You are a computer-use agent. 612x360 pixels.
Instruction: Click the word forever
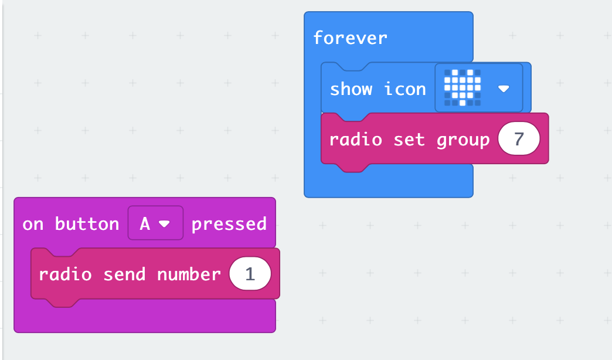point(350,38)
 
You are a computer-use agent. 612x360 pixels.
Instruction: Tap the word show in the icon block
point(351,89)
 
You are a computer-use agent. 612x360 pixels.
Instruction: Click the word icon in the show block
point(405,89)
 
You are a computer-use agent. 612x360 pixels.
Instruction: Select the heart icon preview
point(463,87)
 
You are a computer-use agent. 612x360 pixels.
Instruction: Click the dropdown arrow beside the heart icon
point(504,89)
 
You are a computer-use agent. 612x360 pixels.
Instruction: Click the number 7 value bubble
point(519,138)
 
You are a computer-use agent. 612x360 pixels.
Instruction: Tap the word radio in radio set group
point(356,140)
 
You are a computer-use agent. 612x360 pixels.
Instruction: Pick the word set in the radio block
point(409,140)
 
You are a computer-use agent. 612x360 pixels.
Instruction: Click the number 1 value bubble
point(250,274)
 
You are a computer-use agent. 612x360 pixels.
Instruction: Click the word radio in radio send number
point(65,274)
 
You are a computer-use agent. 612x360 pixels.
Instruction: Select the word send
point(124,274)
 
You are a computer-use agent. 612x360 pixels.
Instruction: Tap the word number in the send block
point(189,274)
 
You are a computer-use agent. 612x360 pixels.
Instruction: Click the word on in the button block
point(33,224)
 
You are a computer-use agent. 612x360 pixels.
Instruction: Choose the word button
point(87,224)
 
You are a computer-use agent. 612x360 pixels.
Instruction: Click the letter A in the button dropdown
point(145,224)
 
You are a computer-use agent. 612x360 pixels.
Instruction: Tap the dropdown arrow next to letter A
point(164,224)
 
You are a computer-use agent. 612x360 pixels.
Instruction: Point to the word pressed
point(229,225)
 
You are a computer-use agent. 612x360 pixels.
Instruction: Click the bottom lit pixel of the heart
point(463,103)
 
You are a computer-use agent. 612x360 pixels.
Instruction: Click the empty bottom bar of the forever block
point(388,184)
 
